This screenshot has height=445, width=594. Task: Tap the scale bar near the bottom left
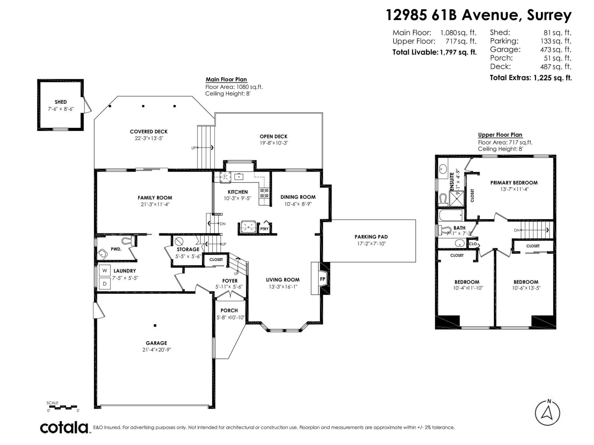click(x=63, y=407)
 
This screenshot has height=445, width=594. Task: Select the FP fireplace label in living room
click(x=322, y=279)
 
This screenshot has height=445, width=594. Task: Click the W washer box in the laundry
click(x=105, y=271)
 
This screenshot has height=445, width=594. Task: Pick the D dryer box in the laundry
click(x=105, y=284)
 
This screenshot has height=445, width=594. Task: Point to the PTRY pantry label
click(x=264, y=229)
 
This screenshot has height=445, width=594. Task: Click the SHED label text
click(x=61, y=102)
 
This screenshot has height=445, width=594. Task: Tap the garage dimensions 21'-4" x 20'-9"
click(x=156, y=350)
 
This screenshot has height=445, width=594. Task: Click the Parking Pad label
click(x=371, y=237)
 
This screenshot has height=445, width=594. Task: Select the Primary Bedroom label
click(x=514, y=182)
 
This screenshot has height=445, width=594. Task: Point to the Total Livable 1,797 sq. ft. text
click(x=434, y=52)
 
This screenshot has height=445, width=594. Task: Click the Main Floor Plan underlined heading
click(x=226, y=79)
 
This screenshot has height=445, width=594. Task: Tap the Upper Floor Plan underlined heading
click(x=500, y=135)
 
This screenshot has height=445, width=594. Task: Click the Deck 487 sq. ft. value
click(x=555, y=67)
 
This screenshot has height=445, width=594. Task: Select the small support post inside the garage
click(x=155, y=326)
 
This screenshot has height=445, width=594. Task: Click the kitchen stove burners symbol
click(x=264, y=192)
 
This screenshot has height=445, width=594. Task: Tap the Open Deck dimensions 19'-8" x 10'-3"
click(x=274, y=143)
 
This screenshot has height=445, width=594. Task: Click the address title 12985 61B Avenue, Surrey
click(x=479, y=15)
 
